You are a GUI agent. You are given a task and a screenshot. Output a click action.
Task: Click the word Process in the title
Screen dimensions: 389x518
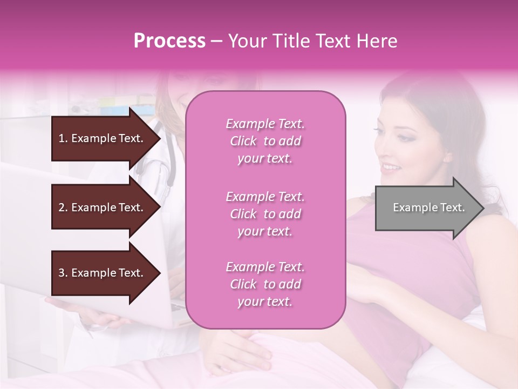(x=169, y=41)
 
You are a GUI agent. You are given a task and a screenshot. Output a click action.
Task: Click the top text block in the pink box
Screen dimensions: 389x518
(x=265, y=141)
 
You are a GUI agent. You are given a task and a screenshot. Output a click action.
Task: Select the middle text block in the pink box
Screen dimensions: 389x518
(x=265, y=214)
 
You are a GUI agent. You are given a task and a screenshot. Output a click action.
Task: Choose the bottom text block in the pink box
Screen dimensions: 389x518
(x=265, y=284)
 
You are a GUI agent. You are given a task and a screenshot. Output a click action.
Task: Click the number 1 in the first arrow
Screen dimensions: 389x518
(x=62, y=138)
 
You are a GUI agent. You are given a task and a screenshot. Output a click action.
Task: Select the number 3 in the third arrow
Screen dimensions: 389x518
(x=62, y=273)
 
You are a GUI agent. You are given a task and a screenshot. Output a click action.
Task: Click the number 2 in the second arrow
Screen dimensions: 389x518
(x=62, y=207)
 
